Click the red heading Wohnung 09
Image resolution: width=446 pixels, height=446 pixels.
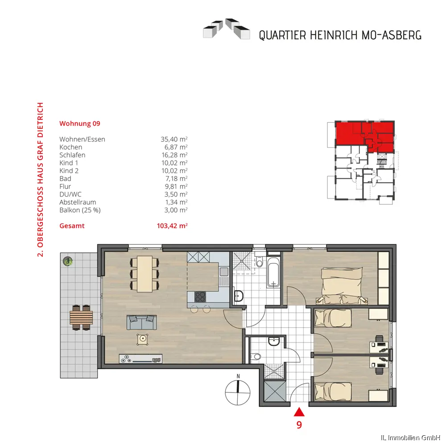click(x=80, y=124)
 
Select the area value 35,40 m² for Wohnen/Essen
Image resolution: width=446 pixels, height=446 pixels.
click(x=174, y=139)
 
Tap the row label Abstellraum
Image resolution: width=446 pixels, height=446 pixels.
click(x=78, y=202)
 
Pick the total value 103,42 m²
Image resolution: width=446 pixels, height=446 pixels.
click(x=172, y=226)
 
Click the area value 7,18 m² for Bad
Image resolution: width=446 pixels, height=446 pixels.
click(x=176, y=179)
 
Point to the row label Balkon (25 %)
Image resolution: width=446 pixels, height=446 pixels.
click(x=80, y=210)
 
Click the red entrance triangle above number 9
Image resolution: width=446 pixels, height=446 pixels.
click(x=299, y=412)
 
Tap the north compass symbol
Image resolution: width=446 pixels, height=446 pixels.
click(x=238, y=391)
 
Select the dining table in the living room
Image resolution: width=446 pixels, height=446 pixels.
click(x=145, y=274)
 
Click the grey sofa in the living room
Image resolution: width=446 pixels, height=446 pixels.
click(x=142, y=322)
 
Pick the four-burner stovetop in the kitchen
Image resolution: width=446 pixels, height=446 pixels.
click(x=200, y=297)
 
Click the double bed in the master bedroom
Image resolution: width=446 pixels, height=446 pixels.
click(x=342, y=286)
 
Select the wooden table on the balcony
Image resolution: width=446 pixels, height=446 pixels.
click(x=81, y=318)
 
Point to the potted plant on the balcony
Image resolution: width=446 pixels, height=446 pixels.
click(x=68, y=261)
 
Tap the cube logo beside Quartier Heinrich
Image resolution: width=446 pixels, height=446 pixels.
click(x=227, y=29)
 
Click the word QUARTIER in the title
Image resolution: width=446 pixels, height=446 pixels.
click(x=282, y=36)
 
